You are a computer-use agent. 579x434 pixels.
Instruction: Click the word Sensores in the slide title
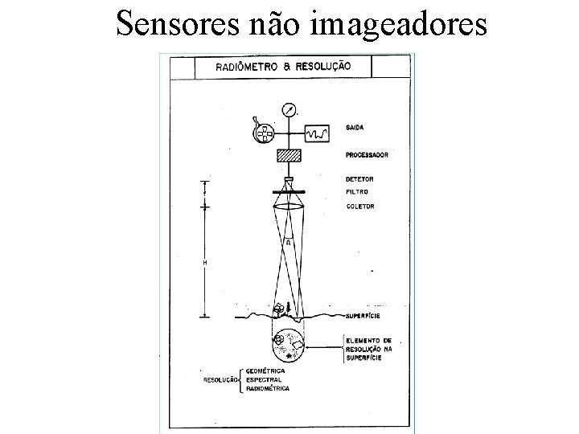click(173, 24)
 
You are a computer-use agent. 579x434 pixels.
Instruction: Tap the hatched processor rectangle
click(287, 156)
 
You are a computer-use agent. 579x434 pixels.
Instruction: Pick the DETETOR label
click(360, 178)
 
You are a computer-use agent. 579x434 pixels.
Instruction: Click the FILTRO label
click(357, 191)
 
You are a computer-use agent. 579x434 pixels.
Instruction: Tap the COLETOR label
click(359, 207)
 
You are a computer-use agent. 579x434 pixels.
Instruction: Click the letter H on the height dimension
click(204, 263)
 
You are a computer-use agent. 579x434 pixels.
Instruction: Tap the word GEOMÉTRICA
click(265, 371)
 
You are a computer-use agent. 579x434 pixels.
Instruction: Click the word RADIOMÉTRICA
click(267, 388)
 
